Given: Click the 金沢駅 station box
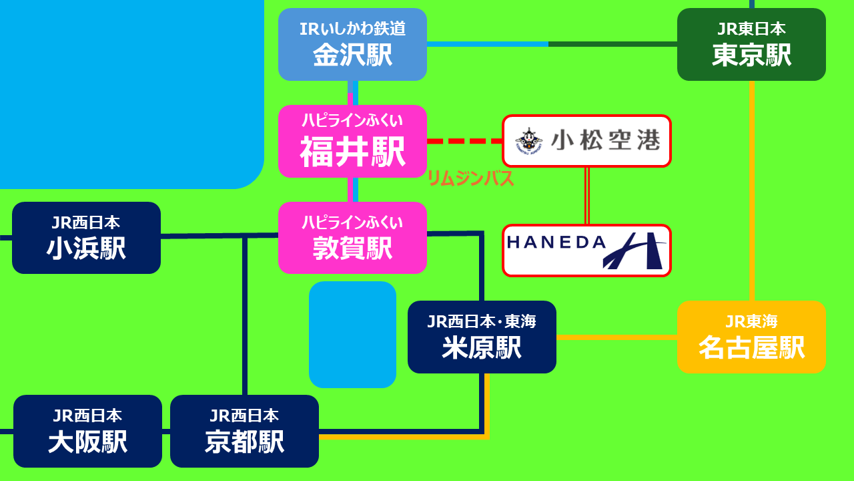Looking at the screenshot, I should (x=352, y=45).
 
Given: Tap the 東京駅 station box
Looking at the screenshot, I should (x=751, y=45).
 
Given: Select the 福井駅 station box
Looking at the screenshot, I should (x=352, y=142).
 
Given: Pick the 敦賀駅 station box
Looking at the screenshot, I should (x=352, y=238).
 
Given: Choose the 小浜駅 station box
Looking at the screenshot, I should (x=86, y=238).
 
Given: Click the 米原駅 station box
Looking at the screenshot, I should (x=482, y=337).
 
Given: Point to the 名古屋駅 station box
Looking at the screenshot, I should (x=751, y=337).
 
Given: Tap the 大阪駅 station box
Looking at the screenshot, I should (x=87, y=432).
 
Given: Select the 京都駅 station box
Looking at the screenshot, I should (x=244, y=432).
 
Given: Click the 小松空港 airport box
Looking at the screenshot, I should (x=586, y=141).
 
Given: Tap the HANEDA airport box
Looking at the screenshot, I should (x=586, y=251).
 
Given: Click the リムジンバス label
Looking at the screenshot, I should (x=470, y=179).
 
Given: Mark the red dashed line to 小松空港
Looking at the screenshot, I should (x=464, y=141).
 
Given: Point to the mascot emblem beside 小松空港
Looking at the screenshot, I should (x=529, y=140).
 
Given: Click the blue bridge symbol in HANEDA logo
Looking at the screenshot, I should (x=634, y=252).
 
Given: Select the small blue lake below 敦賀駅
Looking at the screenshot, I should (x=352, y=334).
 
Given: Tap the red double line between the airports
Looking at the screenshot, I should (x=587, y=196).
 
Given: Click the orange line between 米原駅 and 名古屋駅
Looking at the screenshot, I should (x=616, y=337).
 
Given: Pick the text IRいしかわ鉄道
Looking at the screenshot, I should (x=352, y=29).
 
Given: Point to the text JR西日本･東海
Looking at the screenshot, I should (x=482, y=322).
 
